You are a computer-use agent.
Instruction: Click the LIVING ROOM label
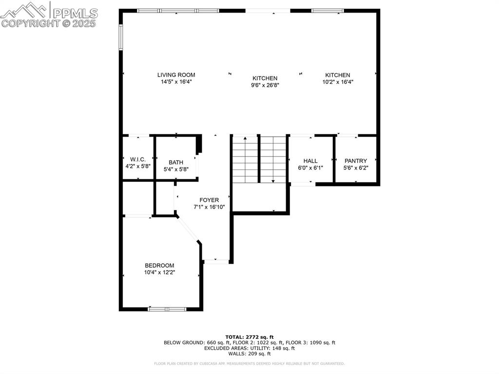click(176, 75)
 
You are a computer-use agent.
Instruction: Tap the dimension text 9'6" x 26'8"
click(265, 85)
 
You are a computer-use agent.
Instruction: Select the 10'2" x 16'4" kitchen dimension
click(338, 82)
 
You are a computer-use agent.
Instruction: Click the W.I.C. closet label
click(138, 159)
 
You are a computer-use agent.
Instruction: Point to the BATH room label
click(176, 162)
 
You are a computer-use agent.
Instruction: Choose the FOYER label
click(209, 200)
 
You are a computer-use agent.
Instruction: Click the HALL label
click(310, 161)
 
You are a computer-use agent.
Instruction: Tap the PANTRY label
click(356, 161)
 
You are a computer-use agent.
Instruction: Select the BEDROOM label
click(159, 265)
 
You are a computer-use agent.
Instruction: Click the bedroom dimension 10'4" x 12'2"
click(159, 272)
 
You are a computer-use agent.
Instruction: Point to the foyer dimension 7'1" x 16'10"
click(209, 207)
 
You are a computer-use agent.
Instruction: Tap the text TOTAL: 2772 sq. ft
click(249, 337)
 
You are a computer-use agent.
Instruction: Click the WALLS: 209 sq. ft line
click(249, 354)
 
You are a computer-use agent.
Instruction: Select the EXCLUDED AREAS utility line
click(249, 348)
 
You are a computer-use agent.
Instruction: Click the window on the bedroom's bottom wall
click(167, 309)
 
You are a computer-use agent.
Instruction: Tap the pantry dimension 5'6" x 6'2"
click(356, 168)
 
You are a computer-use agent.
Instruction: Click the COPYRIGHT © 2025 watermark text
click(49, 23)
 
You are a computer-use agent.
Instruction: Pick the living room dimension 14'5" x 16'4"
click(176, 82)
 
